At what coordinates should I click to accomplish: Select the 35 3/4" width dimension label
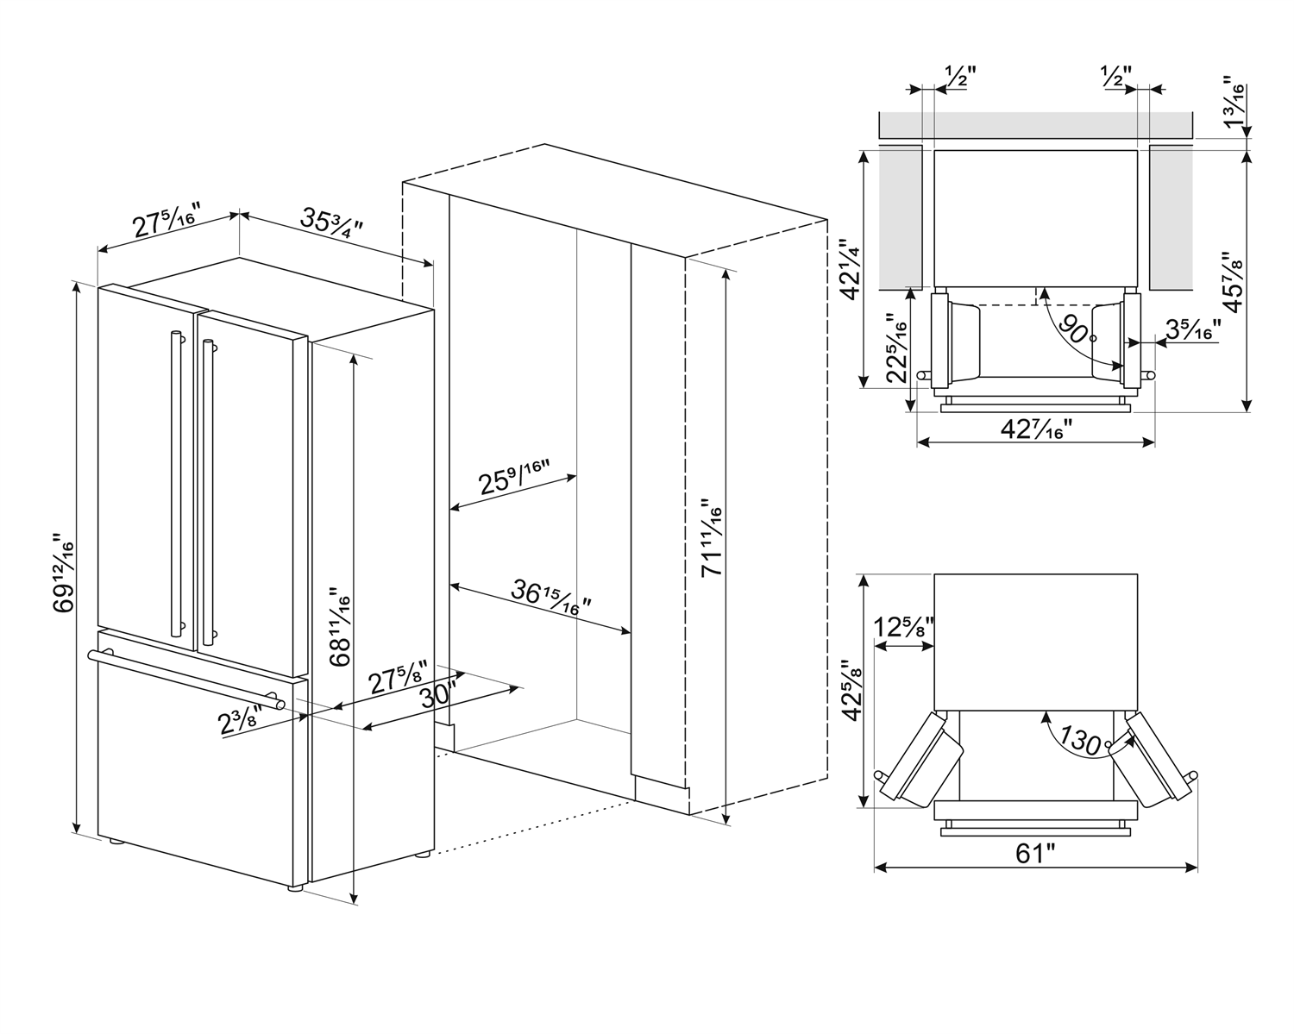(x=331, y=222)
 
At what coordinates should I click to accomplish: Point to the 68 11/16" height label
(x=339, y=626)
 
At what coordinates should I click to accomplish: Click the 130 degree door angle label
(x=1080, y=740)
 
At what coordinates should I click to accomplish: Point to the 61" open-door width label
(x=1035, y=854)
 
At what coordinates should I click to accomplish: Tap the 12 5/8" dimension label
(x=903, y=628)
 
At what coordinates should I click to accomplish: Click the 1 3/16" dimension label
(x=1237, y=103)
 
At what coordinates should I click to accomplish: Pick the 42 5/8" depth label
(x=854, y=690)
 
